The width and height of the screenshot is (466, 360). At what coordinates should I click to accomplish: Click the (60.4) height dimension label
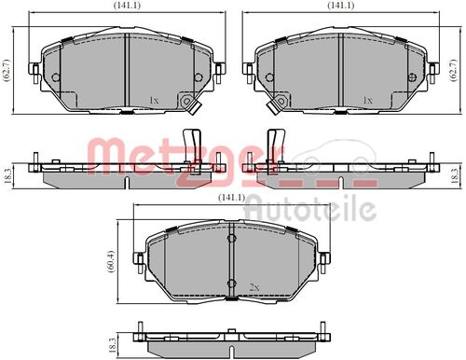[112, 262]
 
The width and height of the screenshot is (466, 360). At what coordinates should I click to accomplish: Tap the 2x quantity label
[254, 287]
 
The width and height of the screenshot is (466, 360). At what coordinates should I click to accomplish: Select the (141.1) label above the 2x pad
[232, 197]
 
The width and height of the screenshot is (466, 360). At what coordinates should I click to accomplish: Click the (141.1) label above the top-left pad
[127, 5]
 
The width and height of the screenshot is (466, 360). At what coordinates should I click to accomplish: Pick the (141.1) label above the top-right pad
[341, 5]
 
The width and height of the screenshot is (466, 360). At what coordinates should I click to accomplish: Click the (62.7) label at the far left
[7, 70]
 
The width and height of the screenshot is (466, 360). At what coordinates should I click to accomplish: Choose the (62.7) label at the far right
[454, 70]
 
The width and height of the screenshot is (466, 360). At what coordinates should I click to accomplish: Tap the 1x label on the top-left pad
[154, 100]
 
